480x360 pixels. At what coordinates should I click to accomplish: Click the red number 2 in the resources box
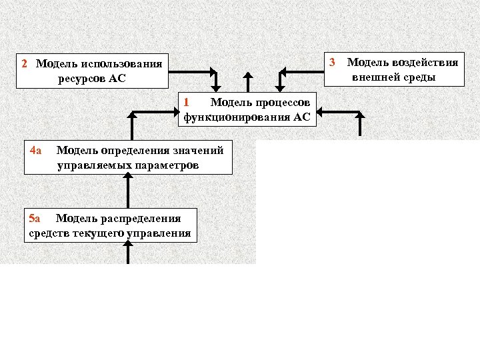pos(24,64)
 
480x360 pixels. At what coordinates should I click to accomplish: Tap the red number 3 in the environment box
pos(332,63)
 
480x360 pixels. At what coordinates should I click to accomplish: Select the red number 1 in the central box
pos(187,102)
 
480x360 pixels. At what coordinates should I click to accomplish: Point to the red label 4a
pos(35,150)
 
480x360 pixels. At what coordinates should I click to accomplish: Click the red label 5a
pos(35,218)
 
